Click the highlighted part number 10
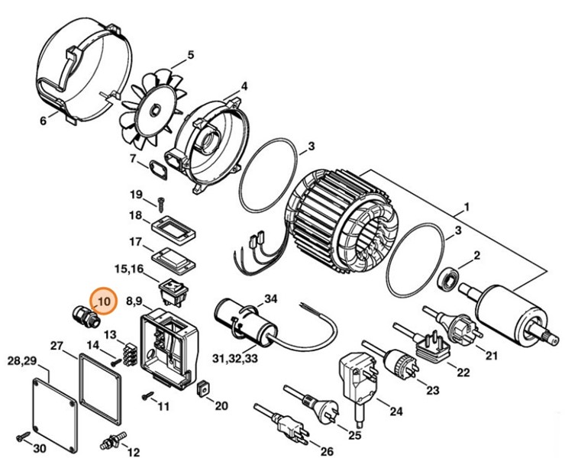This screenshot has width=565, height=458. point(103,301)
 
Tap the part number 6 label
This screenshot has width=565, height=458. point(43,121)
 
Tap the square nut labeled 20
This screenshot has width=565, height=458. point(202,389)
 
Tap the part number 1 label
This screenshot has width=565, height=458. point(466,208)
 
